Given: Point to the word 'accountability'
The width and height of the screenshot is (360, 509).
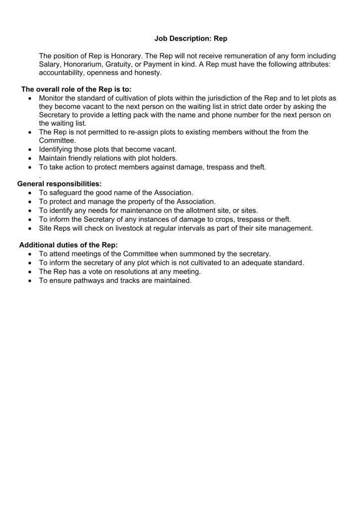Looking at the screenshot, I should (62, 73).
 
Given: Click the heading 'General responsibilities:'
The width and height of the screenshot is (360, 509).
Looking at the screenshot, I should (60, 183).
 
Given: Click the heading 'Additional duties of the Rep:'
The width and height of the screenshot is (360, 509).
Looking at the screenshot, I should (69, 245).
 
